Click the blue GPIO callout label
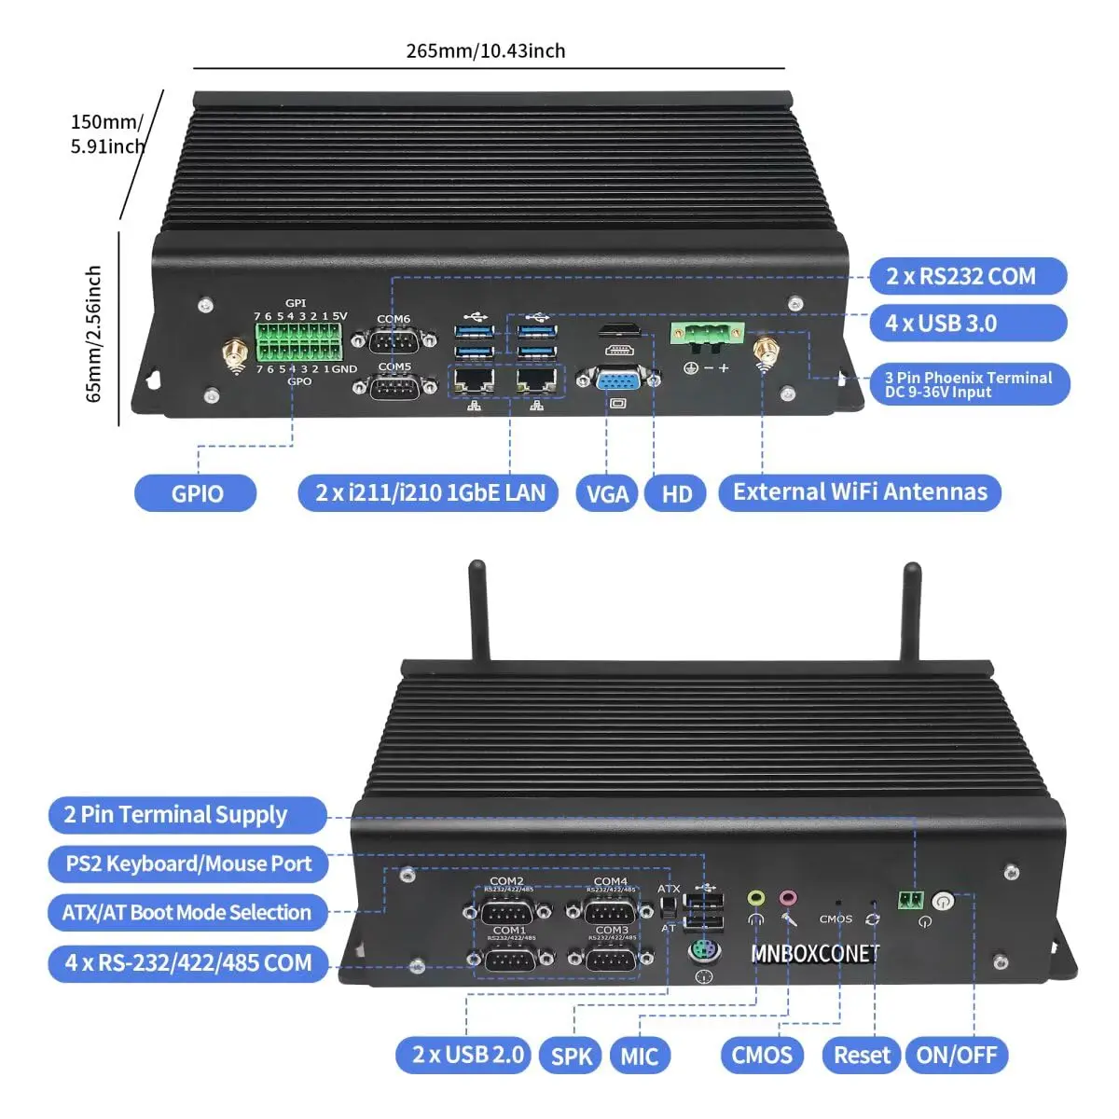coord(196,493)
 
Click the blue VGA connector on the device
coord(616,382)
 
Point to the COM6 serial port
coord(394,342)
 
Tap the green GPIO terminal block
coord(298,342)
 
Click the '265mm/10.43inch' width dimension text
coord(486,51)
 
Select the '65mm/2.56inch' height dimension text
coord(93,334)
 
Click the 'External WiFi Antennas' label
coord(860,492)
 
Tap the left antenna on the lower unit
coord(479,611)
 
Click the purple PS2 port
coord(704,951)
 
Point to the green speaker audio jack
coord(756,899)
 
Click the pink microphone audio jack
coord(789,899)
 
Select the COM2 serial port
coord(508,911)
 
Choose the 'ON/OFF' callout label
coord(957,1056)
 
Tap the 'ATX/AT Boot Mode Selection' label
coord(186,912)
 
